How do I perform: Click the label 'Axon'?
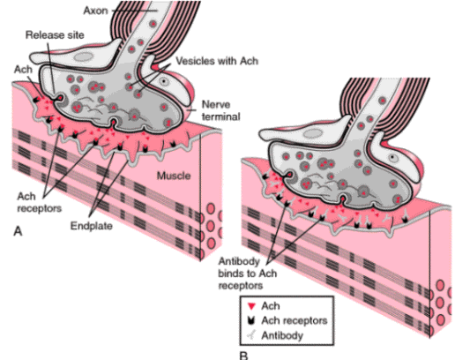click(x=96, y=11)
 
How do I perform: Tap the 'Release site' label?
click(x=55, y=35)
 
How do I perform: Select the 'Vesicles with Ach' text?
click(x=217, y=61)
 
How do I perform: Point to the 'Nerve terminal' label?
click(x=220, y=110)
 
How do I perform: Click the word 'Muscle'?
click(x=174, y=176)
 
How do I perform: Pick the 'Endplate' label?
click(x=92, y=226)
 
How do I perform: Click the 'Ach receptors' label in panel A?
click(x=39, y=202)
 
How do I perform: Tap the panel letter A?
click(x=18, y=231)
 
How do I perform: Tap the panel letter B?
click(x=243, y=356)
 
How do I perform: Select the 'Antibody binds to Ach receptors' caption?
click(x=248, y=274)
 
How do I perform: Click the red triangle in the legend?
click(x=251, y=306)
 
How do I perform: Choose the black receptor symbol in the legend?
click(x=250, y=320)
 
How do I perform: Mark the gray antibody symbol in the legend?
click(x=251, y=334)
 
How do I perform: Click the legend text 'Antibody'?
click(x=282, y=335)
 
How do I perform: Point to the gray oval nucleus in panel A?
click(x=83, y=57)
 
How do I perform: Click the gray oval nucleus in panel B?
click(x=313, y=134)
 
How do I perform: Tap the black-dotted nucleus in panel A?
click(x=163, y=81)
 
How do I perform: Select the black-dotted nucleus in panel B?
click(x=392, y=158)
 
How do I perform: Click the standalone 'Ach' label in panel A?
click(x=23, y=70)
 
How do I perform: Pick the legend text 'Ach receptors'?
click(x=295, y=320)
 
